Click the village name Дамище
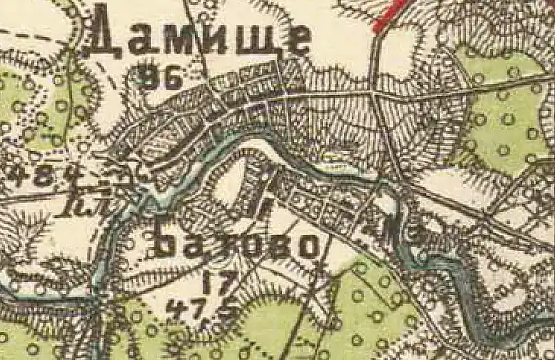(x=200, y=39)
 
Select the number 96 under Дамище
(x=162, y=80)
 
